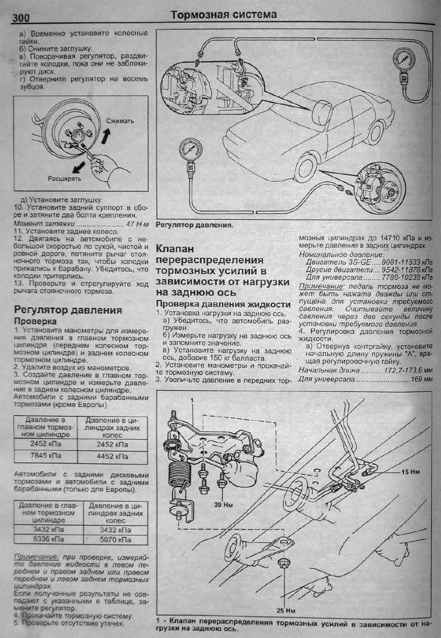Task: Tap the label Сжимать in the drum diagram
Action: click(x=119, y=121)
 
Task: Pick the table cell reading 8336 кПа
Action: click(x=45, y=539)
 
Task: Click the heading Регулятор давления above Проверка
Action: click(x=68, y=309)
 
